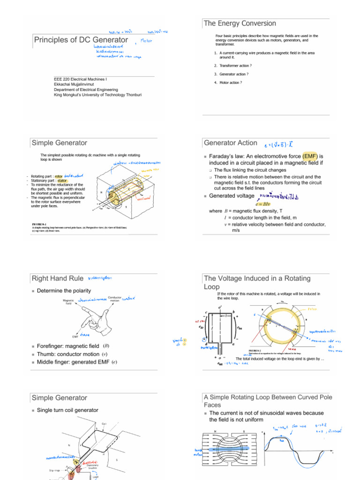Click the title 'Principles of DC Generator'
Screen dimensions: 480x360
(81, 40)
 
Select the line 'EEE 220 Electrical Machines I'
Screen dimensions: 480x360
(81, 79)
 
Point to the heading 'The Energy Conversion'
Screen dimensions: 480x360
(240, 23)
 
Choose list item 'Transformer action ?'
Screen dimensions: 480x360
(234, 66)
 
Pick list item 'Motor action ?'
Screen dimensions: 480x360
(231, 82)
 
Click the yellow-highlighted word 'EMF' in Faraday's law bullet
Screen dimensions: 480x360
(311, 156)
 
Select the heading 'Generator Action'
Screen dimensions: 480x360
(230, 143)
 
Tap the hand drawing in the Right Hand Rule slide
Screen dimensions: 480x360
(94, 317)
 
